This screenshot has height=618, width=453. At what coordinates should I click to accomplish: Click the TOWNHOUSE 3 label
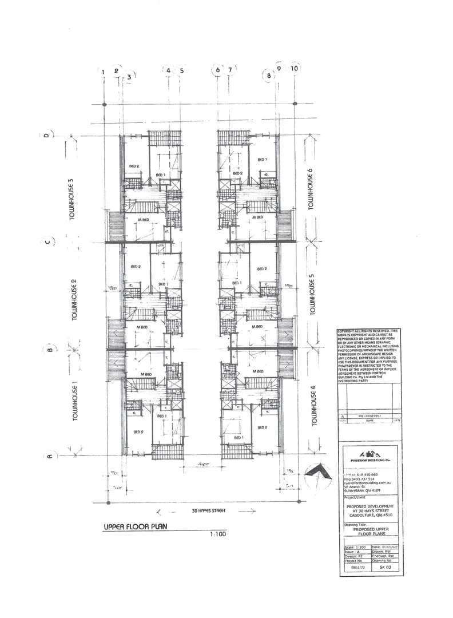click(71, 200)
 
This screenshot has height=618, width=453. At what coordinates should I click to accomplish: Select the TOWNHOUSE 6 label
click(312, 189)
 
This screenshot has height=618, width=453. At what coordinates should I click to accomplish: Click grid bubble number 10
click(295, 68)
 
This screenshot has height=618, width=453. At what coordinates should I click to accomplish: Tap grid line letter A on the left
click(50, 456)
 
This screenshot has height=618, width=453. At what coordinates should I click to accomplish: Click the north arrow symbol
click(319, 473)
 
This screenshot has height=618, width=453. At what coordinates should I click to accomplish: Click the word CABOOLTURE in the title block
click(361, 513)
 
